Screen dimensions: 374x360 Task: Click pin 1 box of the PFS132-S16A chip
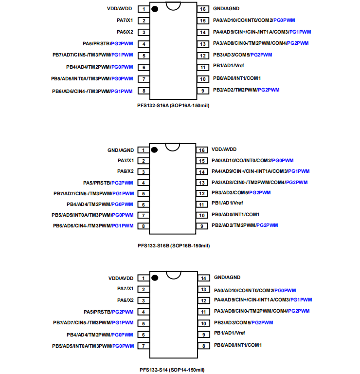click(x=144, y=9)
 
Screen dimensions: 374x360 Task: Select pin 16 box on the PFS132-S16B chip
click(x=202, y=150)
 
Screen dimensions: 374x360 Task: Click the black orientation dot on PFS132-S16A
click(x=155, y=9)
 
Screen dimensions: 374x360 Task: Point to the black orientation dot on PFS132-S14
click(x=155, y=278)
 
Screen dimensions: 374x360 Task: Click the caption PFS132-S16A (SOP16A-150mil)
click(x=173, y=105)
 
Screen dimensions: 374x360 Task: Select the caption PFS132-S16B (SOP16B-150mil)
click(x=174, y=246)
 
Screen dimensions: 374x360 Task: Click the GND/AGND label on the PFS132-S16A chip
click(x=226, y=9)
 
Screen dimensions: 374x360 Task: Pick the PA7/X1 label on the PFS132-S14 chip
click(x=125, y=289)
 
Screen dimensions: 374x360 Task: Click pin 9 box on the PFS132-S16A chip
click(x=203, y=91)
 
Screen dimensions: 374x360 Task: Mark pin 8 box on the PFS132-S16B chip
click(x=144, y=226)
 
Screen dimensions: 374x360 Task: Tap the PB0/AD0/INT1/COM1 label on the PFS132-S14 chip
click(x=238, y=345)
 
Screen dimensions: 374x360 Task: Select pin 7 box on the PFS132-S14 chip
click(x=144, y=346)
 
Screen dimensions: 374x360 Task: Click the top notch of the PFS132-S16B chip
click(x=173, y=146)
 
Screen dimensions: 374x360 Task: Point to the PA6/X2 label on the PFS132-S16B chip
click(x=125, y=171)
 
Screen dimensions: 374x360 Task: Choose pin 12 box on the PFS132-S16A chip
click(x=203, y=55)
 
